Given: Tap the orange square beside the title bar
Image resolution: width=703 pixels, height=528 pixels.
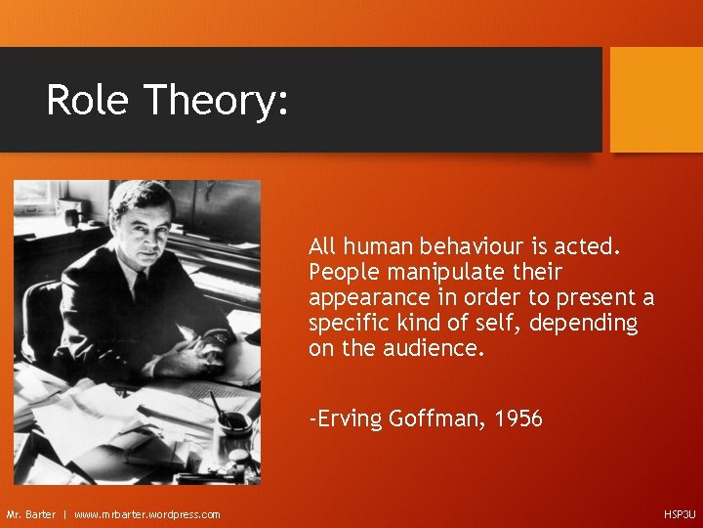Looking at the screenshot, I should tap(655, 100).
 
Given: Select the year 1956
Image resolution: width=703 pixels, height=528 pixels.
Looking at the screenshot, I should tap(518, 419).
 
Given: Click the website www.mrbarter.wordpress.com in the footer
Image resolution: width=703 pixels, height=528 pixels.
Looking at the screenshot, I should tap(147, 514).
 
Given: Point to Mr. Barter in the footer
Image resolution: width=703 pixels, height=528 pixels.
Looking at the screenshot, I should tap(31, 514).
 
